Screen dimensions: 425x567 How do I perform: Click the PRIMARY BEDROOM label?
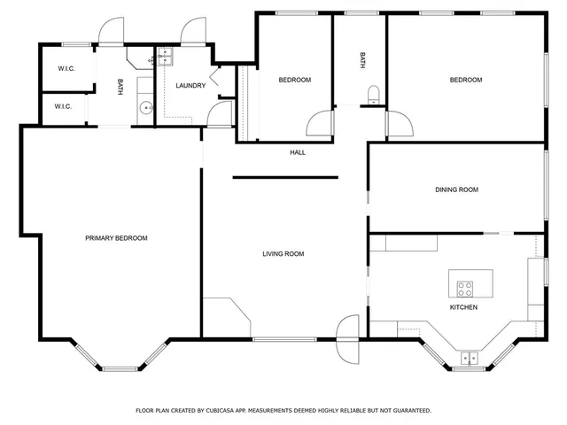click(116, 238)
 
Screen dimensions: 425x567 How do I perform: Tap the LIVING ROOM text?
click(283, 254)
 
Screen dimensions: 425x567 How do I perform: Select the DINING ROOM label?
click(456, 189)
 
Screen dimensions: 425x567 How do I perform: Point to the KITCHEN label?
click(463, 307)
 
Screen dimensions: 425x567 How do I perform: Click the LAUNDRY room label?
click(190, 86)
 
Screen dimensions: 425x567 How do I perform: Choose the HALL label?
click(298, 152)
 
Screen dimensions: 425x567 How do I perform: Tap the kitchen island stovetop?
click(465, 288)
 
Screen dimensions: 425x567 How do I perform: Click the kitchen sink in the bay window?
click(468, 358)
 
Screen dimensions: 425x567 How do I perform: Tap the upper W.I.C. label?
click(66, 68)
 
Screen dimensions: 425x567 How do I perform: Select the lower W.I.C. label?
click(62, 107)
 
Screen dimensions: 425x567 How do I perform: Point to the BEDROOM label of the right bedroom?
click(465, 80)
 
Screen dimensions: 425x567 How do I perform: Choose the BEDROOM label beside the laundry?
click(295, 80)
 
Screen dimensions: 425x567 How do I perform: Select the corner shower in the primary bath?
click(138, 58)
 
